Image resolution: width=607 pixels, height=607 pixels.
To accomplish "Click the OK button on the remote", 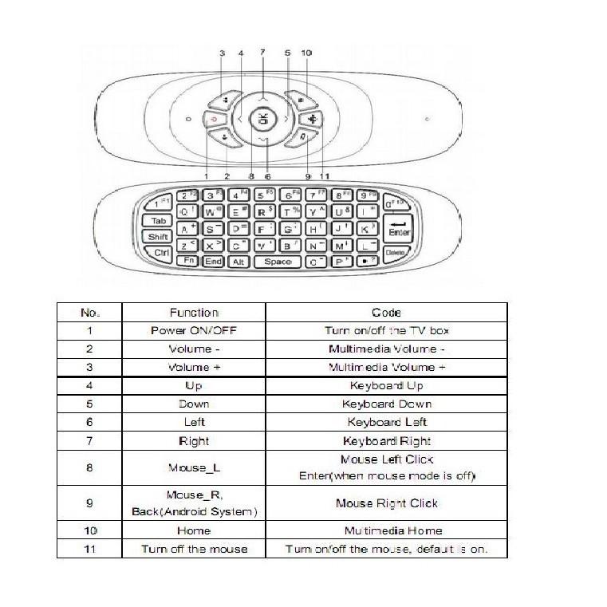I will pos(263,120).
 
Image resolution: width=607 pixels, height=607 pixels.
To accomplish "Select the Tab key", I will pos(157,221).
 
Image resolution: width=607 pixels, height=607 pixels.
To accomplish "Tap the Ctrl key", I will pos(161,253).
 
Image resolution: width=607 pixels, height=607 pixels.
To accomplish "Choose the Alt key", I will pos(238,262).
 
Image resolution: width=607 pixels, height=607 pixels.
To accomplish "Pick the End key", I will pos(213,262).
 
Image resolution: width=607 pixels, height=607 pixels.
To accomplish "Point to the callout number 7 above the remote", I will pos(262,52).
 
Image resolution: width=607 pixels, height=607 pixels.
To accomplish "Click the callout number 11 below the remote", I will pos(324,175).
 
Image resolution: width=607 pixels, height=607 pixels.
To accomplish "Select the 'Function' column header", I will pos(194,313).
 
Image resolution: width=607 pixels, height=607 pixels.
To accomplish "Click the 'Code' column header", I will pos(386,313).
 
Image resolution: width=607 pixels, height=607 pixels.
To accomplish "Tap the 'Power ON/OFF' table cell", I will pos(194,330).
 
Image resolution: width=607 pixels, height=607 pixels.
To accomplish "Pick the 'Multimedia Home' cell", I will pos(392,530).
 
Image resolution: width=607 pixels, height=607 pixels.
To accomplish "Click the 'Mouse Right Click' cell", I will pos(386,503).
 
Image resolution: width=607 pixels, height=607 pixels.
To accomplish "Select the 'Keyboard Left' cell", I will pos(387,422).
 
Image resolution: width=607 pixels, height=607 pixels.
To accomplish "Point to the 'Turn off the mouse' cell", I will pos(194,549).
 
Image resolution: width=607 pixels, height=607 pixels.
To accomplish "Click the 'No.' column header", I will pos(90,313).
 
